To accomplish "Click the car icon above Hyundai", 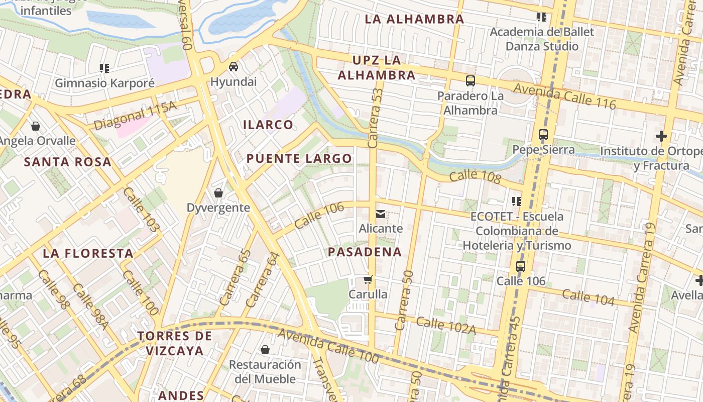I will (233, 67).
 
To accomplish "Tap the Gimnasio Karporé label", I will (104, 83).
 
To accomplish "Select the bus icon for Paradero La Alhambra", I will (470, 80).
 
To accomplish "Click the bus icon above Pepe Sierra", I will (543, 135).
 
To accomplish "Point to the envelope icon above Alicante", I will (381, 215).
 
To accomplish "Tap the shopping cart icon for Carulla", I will (368, 280).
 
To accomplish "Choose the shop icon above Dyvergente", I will (218, 193).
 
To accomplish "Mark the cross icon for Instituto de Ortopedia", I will (661, 136).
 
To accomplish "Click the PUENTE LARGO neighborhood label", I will (299, 159).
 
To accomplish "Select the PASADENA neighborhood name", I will (365, 252).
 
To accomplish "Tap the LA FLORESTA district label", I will (88, 253).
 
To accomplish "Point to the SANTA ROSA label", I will (68, 162).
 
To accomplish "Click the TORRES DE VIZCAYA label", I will (175, 343).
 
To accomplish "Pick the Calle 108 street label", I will (475, 177).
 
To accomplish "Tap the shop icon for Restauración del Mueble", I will (265, 350).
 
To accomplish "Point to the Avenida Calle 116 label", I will (564, 94).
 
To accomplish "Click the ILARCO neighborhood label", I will (268, 125).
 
